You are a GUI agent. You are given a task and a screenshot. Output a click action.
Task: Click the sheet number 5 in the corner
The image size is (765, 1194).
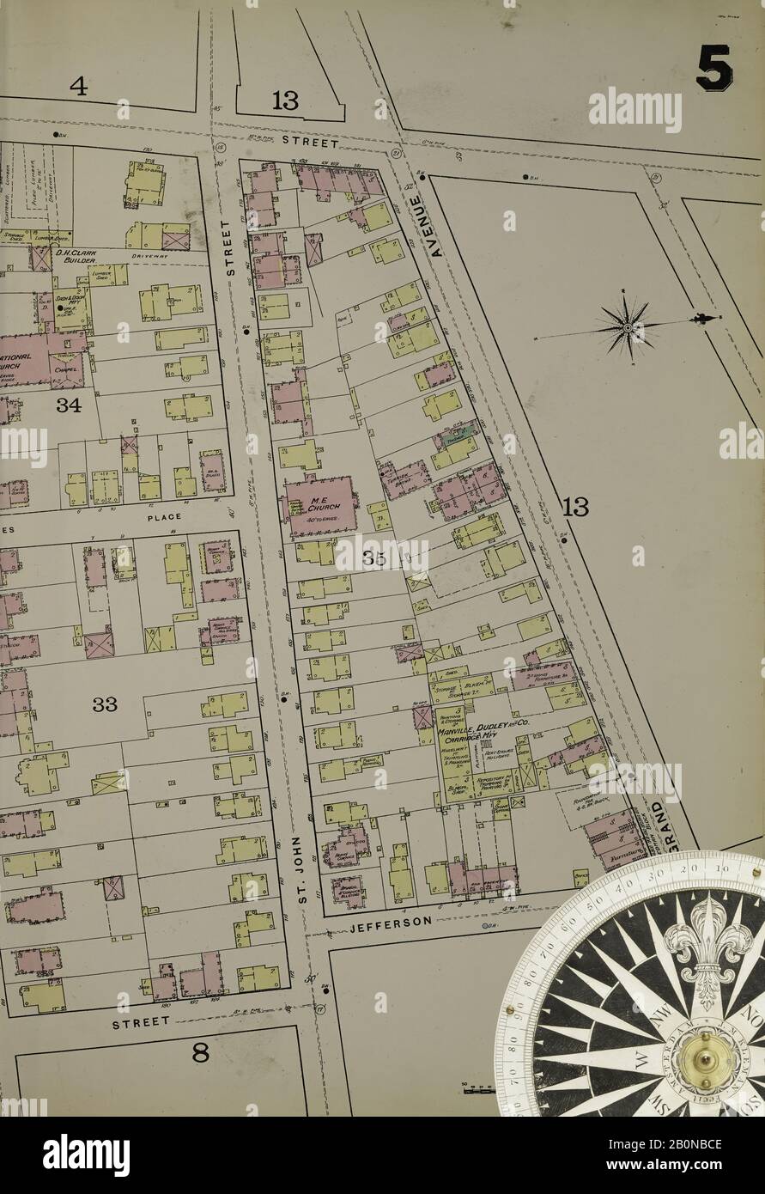(713, 69)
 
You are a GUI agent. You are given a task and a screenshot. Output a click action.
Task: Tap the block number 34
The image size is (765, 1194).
(69, 405)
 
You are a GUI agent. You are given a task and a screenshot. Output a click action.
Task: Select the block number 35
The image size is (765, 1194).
(375, 559)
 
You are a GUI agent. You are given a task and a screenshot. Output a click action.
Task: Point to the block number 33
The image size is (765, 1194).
(105, 705)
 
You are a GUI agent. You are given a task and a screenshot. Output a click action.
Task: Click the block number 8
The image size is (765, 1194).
(200, 1053)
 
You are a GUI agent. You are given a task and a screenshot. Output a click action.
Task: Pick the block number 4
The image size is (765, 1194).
(79, 87)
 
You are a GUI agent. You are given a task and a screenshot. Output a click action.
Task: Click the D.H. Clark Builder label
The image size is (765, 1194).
(80, 257)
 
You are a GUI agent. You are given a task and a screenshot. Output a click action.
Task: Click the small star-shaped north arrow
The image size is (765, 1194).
(628, 327)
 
